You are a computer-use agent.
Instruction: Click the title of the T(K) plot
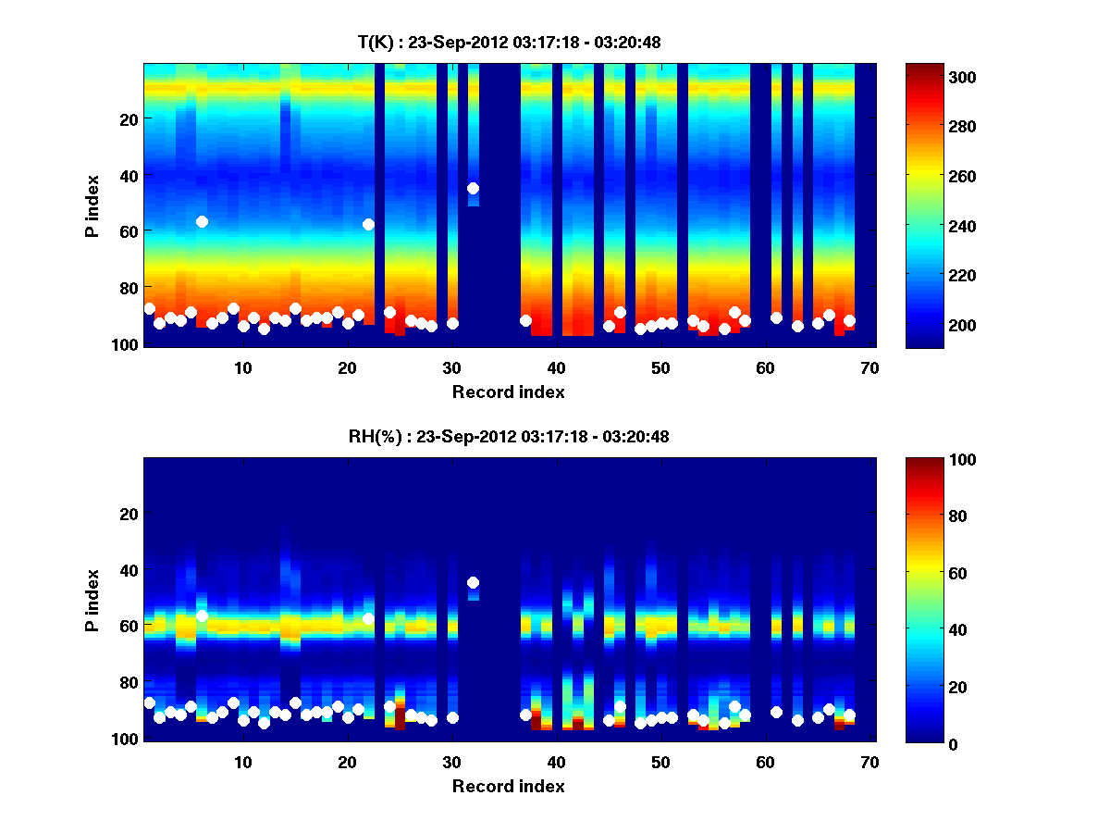pyautogui.click(x=509, y=42)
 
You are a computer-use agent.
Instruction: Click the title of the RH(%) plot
pyautogui.click(x=509, y=436)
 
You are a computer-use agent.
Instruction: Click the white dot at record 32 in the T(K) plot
pyautogui.click(x=473, y=188)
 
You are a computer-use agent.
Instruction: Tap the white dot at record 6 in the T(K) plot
pyautogui.click(x=202, y=221)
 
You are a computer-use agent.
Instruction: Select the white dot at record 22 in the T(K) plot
pyautogui.click(x=368, y=224)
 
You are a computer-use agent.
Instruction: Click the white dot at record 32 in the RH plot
pyautogui.click(x=473, y=582)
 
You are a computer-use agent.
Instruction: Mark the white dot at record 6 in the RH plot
pyautogui.click(x=202, y=615)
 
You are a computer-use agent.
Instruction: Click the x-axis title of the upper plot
pyautogui.click(x=509, y=392)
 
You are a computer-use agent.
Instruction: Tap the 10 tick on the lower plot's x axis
pyautogui.click(x=243, y=762)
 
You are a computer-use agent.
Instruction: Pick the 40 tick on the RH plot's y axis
pyautogui.click(x=128, y=569)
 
